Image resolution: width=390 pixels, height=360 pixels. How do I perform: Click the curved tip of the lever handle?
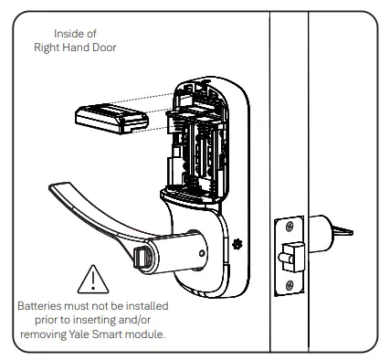pos(55,187)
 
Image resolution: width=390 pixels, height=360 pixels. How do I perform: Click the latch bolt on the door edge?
pos(291,257)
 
